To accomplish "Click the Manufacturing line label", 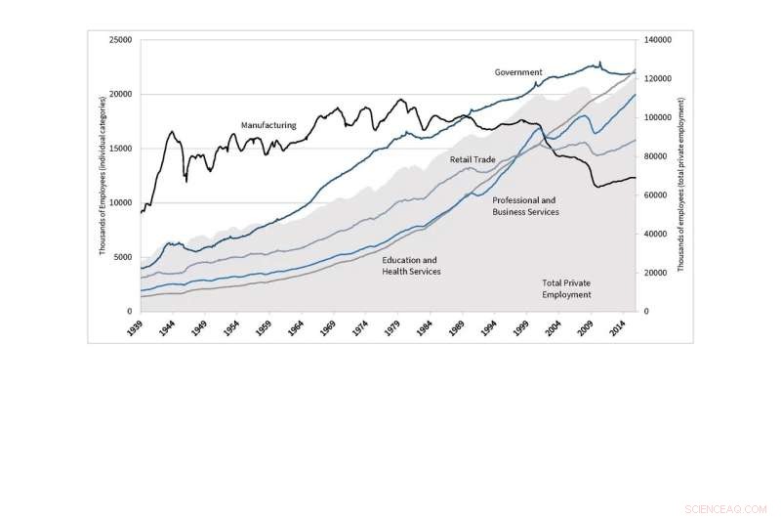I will coord(268,125).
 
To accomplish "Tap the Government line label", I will coord(518,72).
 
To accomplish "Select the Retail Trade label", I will coord(473,158).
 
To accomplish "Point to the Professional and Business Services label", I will coord(525,205).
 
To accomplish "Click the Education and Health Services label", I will coord(411,266).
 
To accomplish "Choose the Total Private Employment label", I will coord(566,288).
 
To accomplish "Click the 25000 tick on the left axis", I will coord(121,40).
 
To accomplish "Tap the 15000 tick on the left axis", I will coord(121,149).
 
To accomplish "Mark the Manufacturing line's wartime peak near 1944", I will coord(172,131).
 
